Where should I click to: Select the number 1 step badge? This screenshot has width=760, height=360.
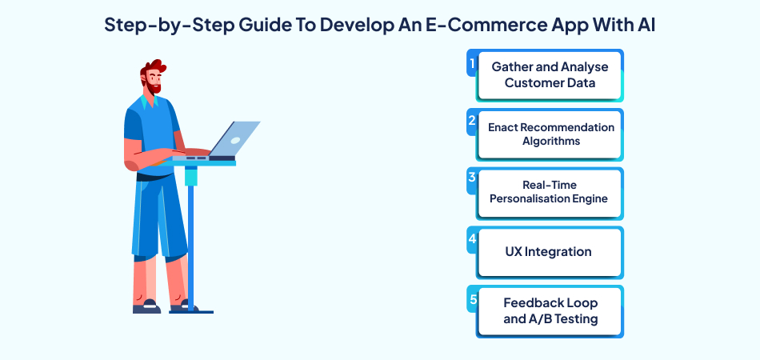(472, 62)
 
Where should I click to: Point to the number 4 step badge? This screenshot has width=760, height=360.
(472, 239)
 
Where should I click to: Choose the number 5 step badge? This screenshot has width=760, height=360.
(472, 298)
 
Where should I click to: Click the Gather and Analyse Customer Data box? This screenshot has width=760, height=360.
(550, 75)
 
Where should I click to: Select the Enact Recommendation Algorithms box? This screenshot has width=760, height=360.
(550, 134)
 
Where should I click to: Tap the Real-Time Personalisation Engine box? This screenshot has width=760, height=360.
(550, 193)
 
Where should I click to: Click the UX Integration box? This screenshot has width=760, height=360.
(549, 252)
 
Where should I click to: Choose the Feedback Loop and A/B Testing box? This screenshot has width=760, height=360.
(550, 311)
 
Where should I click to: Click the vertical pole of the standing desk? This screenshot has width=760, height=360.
(191, 240)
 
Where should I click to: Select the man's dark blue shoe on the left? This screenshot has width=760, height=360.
(146, 306)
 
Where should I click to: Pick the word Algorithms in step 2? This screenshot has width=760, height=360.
(550, 142)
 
